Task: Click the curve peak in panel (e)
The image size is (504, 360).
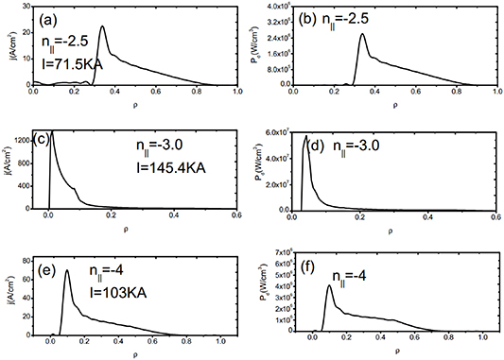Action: click(x=66, y=271)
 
